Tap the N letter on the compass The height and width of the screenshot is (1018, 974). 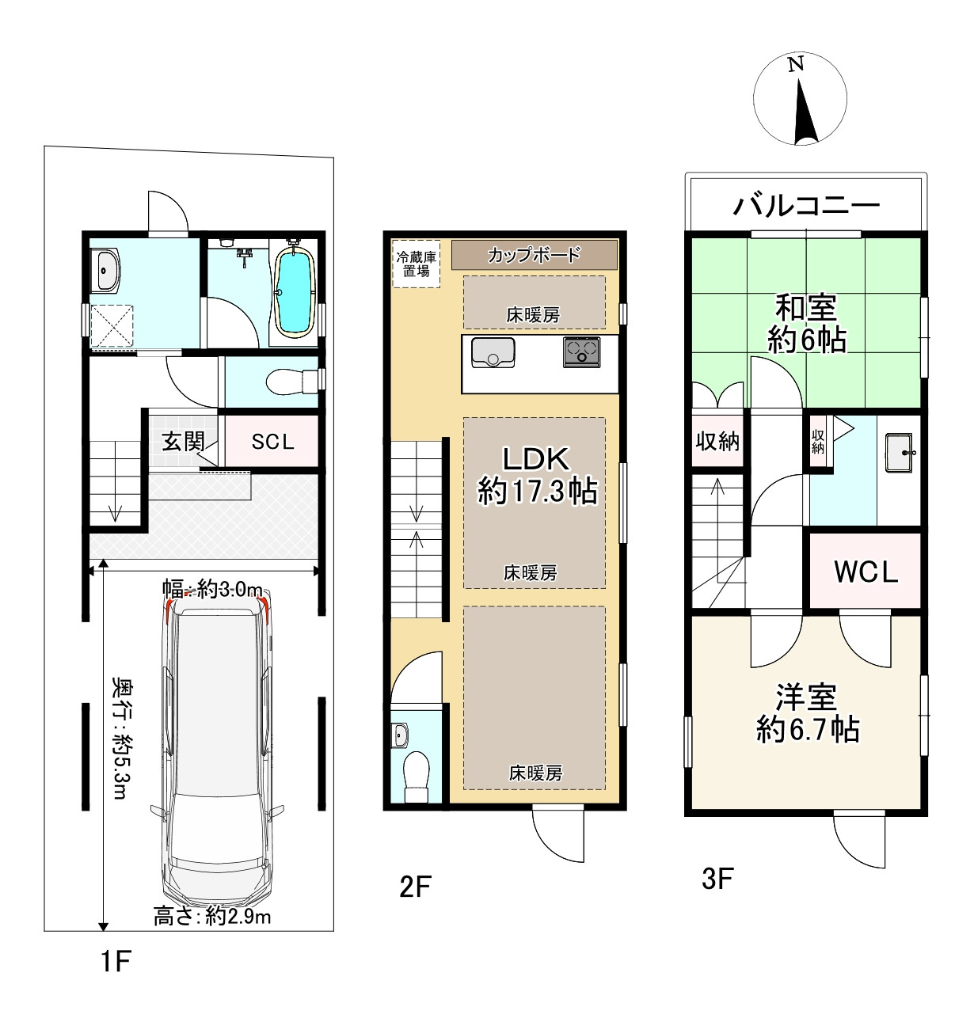pos(796,64)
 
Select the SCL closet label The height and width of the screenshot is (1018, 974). pos(272,442)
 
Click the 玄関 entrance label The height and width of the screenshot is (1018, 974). pos(183,442)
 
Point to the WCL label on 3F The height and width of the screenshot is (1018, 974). pos(866,572)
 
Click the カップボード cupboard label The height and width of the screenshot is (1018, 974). pos(535,255)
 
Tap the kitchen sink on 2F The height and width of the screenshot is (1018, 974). pos(493,352)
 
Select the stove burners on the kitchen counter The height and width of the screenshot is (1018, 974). pos(581,351)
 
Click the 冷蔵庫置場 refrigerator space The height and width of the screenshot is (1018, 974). pos(416,263)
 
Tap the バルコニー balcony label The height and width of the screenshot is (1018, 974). pos(806,205)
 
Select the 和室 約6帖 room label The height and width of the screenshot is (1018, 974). pos(807,323)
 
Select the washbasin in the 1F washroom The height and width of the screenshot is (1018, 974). pos(107,270)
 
